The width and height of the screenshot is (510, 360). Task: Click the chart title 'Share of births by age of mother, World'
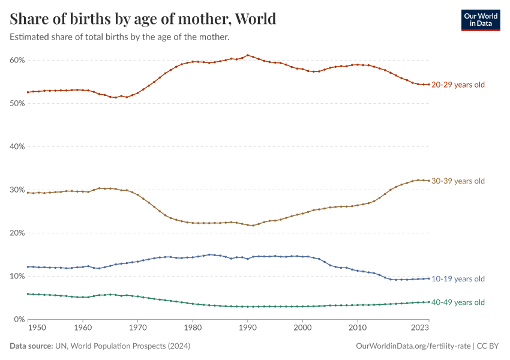click(143, 19)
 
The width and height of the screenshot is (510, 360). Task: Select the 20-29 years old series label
click(458, 85)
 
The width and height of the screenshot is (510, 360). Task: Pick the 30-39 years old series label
click(458, 181)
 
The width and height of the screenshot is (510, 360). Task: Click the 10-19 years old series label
click(458, 278)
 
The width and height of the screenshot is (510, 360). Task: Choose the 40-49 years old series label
click(458, 302)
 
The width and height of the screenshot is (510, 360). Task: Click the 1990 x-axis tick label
click(247, 328)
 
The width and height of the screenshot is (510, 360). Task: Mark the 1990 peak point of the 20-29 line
click(247, 55)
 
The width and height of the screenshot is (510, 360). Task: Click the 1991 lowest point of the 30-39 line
click(253, 226)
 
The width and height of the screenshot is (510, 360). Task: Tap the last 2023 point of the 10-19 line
click(428, 278)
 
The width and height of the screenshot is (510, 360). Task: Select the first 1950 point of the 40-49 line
click(28, 294)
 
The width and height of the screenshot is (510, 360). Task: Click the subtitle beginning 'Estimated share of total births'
click(120, 37)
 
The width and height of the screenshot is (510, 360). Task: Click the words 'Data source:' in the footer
click(31, 346)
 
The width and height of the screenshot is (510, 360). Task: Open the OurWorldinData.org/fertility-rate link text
click(413, 346)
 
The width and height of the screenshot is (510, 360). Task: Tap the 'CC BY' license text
click(488, 346)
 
